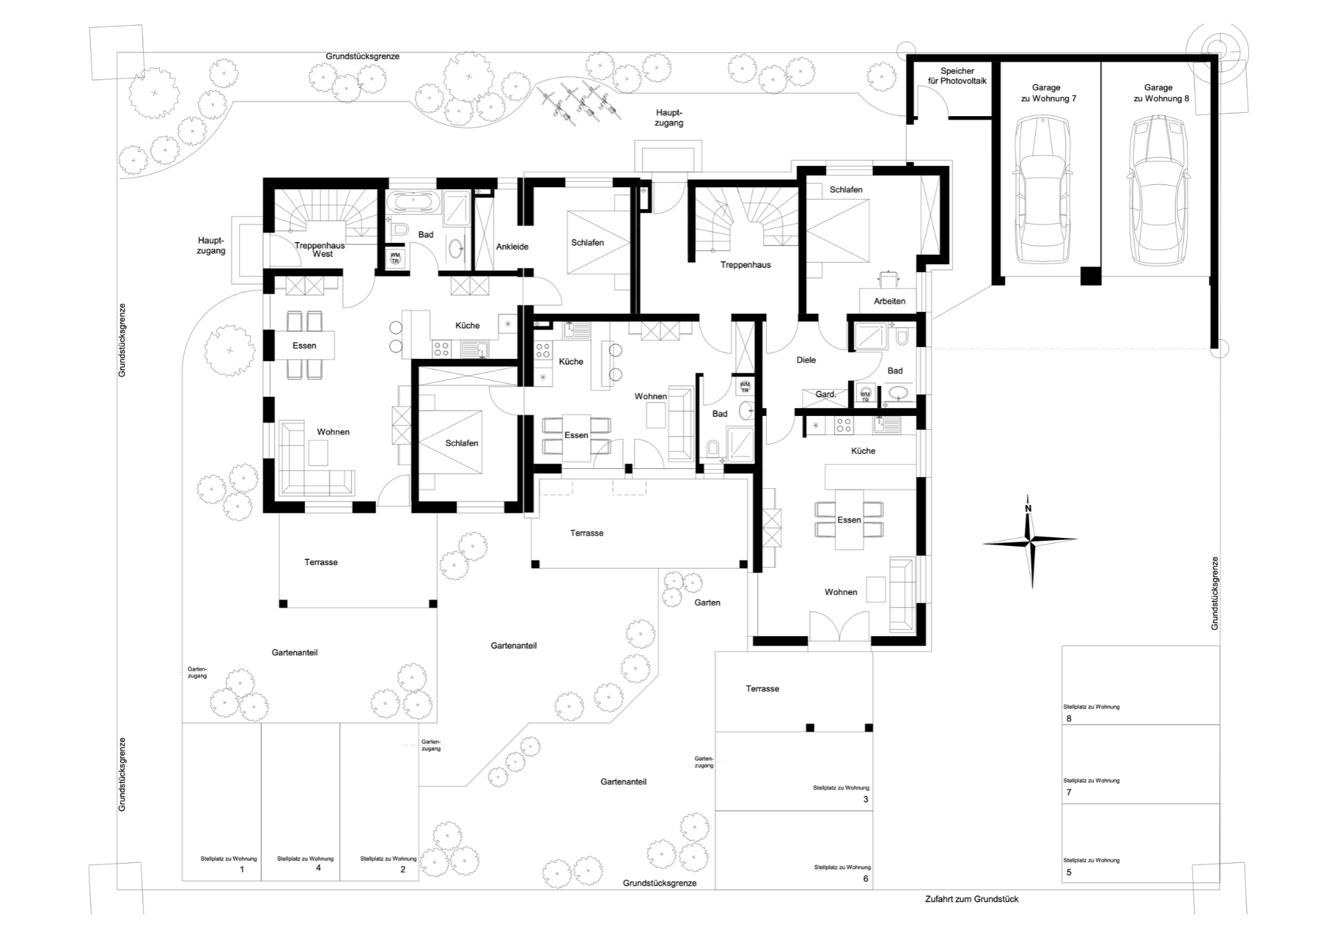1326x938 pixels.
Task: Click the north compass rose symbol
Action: [1030, 541]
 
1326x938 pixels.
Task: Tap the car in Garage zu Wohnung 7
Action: [1043, 190]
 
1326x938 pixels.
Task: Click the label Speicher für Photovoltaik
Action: [957, 76]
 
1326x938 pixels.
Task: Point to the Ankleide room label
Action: [512, 247]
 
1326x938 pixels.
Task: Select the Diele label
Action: [806, 360]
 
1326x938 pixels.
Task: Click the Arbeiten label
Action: [890, 301]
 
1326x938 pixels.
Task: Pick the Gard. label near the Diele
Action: [826, 394]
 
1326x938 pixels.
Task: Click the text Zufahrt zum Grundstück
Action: [972, 900]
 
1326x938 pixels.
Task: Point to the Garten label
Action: [707, 603]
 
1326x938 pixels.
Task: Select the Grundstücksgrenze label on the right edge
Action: [1215, 593]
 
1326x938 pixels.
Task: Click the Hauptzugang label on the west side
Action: [211, 245]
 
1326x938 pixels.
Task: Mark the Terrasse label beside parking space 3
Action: [762, 689]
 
